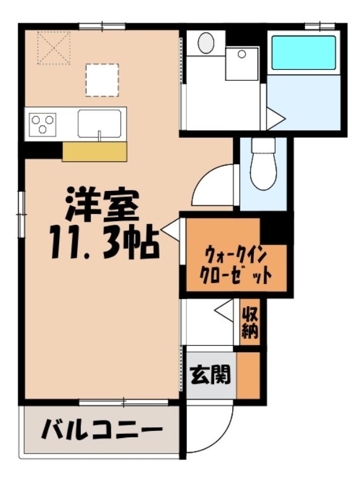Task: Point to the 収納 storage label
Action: [250, 323]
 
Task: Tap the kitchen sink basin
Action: [100, 123]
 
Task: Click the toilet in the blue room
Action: [263, 165]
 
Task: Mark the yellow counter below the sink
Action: [95, 152]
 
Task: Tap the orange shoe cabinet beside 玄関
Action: [248, 375]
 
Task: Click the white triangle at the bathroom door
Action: [274, 118]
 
